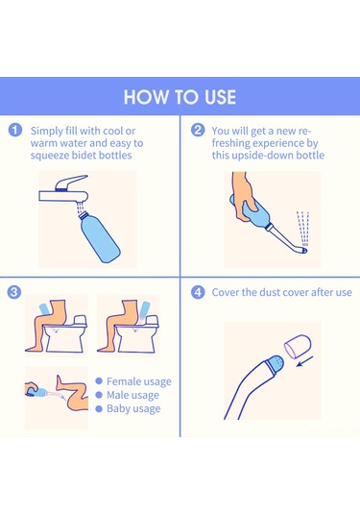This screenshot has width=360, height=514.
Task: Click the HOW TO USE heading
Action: pyautogui.click(x=180, y=98)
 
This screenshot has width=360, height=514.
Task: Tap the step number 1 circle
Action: pyautogui.click(x=14, y=130)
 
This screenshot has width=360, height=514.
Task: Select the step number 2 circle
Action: pyautogui.click(x=198, y=130)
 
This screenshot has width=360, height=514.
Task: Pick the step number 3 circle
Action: pyautogui.click(x=14, y=291)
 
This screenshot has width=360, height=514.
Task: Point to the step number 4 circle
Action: pyautogui.click(x=198, y=291)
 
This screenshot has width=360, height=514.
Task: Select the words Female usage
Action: pyautogui.click(x=139, y=381)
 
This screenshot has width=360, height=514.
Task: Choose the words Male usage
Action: pyautogui.click(x=132, y=395)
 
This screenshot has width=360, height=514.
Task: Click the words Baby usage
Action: pyautogui.click(x=133, y=408)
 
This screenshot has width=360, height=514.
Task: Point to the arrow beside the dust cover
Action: pyautogui.click(x=304, y=365)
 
